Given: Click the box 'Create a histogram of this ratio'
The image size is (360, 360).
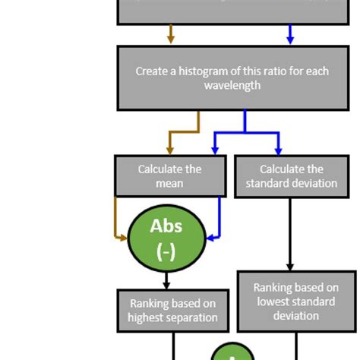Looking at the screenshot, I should point(236,78).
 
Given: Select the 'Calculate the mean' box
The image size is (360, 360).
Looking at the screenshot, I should point(169,176).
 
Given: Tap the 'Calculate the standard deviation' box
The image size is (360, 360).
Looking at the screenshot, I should point(291,176).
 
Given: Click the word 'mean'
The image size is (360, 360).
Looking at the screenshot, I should point(169,183).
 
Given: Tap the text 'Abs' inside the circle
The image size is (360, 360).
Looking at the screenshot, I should point(166,226).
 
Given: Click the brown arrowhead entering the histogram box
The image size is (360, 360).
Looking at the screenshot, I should point(170,39).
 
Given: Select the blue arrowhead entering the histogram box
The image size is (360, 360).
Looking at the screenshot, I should point(289,39).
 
